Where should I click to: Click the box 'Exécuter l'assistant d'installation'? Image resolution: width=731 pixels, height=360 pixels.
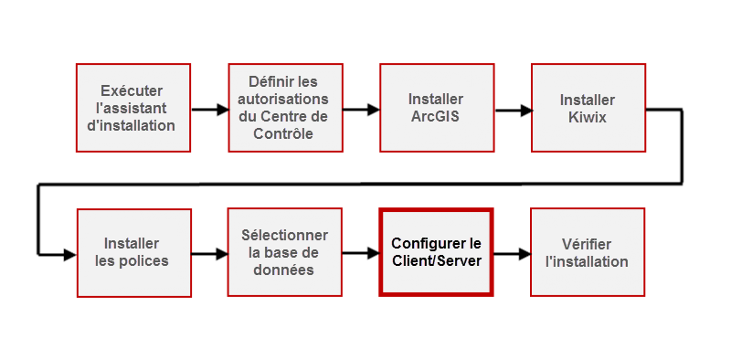[x=132, y=108]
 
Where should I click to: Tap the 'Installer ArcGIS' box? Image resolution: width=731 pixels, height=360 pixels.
[x=436, y=108]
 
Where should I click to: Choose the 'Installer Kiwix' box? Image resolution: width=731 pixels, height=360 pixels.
[x=588, y=108]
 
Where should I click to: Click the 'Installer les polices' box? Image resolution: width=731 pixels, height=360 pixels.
[x=132, y=253]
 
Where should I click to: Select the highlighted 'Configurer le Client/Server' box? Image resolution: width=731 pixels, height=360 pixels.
[x=436, y=253]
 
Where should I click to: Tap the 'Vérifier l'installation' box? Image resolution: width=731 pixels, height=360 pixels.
[x=588, y=253]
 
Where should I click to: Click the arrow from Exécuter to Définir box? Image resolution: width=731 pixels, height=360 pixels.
[x=209, y=110]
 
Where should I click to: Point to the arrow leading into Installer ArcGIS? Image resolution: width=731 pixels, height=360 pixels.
[x=361, y=110]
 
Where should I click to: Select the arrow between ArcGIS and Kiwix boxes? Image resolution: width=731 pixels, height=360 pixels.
[x=513, y=110]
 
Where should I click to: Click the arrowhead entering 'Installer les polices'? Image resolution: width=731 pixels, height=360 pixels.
[x=69, y=255]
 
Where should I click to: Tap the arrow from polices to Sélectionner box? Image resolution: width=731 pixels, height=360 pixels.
[x=209, y=255]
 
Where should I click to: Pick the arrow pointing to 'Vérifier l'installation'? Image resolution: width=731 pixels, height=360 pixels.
[x=513, y=255]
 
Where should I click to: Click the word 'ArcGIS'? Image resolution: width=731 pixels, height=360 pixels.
[x=436, y=117]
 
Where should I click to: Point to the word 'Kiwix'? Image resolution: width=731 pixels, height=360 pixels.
[x=588, y=117]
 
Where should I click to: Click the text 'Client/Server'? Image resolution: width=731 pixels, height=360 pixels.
[x=436, y=262]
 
